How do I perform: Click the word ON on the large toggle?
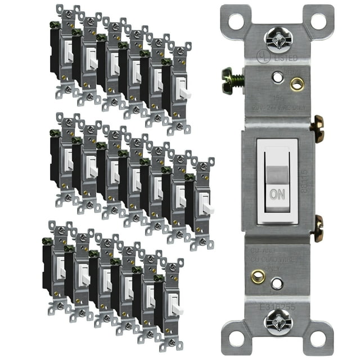pos(277,195)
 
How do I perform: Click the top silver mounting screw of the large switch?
pos(278,40)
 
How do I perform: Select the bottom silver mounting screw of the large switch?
pos(278,322)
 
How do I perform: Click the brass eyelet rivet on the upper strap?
pos(296,84)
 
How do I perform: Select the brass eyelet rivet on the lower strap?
pos(258,276)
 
